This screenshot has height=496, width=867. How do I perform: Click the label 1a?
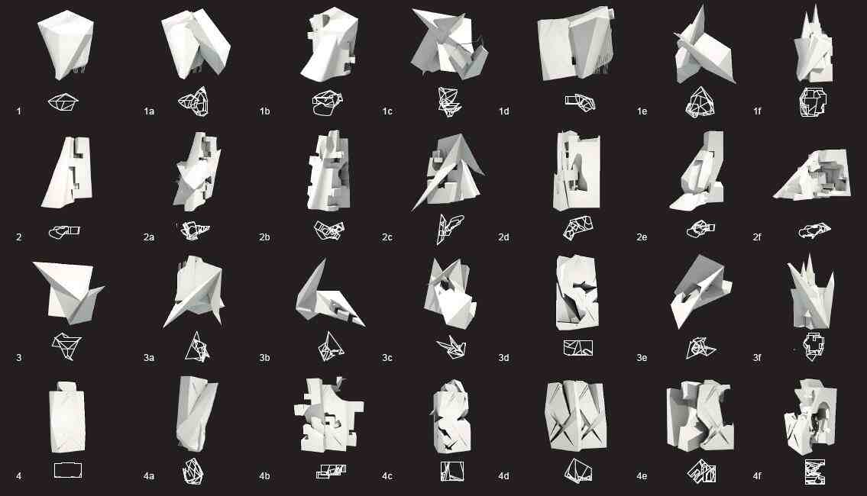click(149, 111)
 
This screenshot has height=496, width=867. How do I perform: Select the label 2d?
click(503, 237)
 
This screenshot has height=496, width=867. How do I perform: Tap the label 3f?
click(757, 358)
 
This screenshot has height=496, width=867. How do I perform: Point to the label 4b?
click(264, 476)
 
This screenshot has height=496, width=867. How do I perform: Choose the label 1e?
click(642, 111)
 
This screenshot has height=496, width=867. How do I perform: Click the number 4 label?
click(19, 476)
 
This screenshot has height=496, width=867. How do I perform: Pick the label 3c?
click(387, 358)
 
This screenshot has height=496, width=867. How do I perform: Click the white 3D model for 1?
click(66, 44)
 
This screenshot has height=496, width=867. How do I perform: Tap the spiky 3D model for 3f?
click(810, 293)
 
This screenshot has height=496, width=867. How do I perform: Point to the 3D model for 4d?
click(576, 415)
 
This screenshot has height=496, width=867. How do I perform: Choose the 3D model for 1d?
click(575, 44)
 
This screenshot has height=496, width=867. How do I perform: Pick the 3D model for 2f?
click(812, 175)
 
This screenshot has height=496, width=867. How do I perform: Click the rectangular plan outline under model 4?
click(68, 471)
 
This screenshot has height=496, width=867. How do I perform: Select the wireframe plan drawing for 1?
click(63, 102)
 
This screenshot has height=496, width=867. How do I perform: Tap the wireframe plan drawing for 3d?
click(577, 347)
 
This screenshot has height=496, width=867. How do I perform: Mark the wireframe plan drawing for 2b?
click(329, 230)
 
